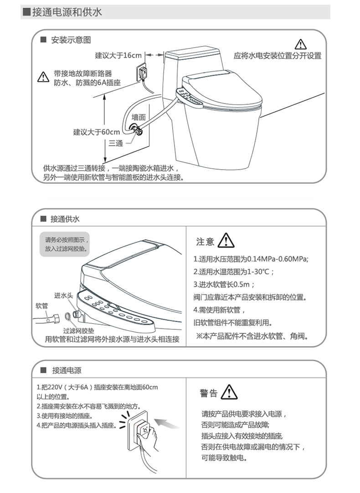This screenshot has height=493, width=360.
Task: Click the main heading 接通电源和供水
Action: pyautogui.click(x=67, y=12)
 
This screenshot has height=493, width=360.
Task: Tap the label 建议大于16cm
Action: pyautogui.click(x=118, y=55)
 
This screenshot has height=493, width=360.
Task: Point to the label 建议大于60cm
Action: pyautogui.click(x=97, y=132)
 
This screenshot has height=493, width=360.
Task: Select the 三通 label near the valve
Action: pyautogui.click(x=116, y=143)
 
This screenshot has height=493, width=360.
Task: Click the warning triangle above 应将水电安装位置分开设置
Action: pyautogui.click(x=301, y=44)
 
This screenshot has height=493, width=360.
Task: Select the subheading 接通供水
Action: pyautogui.click(x=65, y=219)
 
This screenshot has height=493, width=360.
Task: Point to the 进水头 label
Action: pyautogui.click(x=64, y=296)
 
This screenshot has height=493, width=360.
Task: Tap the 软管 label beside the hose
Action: pyautogui.click(x=42, y=306)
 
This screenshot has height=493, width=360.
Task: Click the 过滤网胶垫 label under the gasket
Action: pyautogui.click(x=79, y=330)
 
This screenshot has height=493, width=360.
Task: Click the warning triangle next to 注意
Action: pyautogui.click(x=226, y=240)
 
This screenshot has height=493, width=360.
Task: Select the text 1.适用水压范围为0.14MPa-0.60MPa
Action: pyautogui.click(x=251, y=259)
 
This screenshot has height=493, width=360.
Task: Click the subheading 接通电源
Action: pyautogui.click(x=67, y=370)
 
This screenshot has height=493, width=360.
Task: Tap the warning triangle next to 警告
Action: pyautogui.click(x=229, y=392)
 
